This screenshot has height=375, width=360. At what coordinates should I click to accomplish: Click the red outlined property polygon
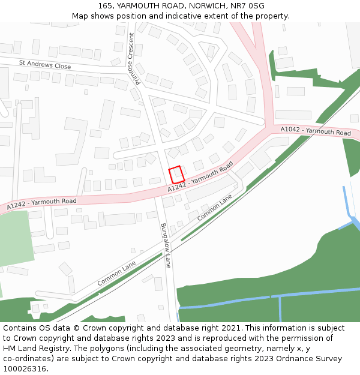176,175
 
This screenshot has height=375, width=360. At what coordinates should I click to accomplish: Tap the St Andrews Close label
45,64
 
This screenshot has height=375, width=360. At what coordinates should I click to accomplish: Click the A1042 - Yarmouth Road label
316,131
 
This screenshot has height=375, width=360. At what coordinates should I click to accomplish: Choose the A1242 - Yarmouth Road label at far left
41,204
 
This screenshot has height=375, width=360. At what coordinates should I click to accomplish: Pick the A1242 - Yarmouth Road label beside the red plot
200,179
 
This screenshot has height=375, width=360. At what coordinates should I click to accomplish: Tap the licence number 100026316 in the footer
25,368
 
